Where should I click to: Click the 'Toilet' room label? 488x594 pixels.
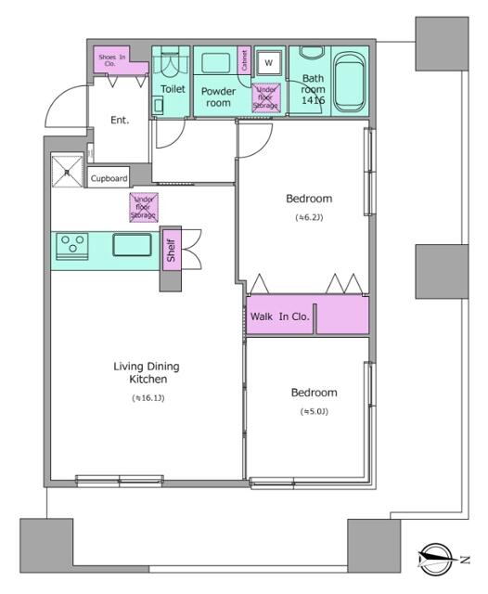[173, 89]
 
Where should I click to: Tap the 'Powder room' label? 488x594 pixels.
[218, 97]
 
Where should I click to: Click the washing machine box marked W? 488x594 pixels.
[268, 62]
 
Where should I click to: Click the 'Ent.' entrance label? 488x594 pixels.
[120, 120]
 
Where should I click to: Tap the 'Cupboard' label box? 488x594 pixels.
[109, 179]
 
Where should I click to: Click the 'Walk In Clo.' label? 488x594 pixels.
[279, 316]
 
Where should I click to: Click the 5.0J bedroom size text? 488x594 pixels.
[315, 411]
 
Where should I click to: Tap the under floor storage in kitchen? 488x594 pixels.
[144, 207]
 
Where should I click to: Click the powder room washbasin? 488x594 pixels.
[216, 63]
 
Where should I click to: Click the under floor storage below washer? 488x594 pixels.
[267, 97]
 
